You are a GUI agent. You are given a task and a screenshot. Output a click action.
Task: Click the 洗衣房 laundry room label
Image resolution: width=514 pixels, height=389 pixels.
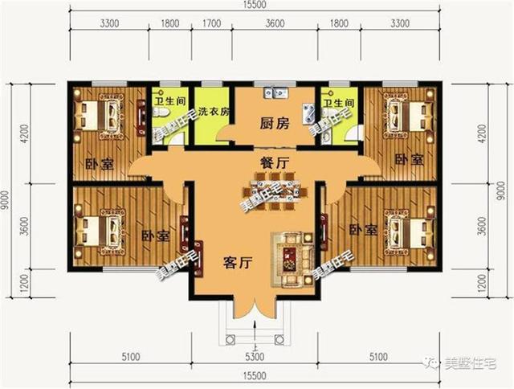pos(214,111)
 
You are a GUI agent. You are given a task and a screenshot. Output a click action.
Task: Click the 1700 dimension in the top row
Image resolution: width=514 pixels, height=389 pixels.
pos(212,24)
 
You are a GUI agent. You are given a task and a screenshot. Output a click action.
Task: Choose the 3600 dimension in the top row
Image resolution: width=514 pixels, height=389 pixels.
pos(275,24)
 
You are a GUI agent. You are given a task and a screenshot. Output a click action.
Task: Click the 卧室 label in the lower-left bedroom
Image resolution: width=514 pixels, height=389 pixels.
pos(154,236)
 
